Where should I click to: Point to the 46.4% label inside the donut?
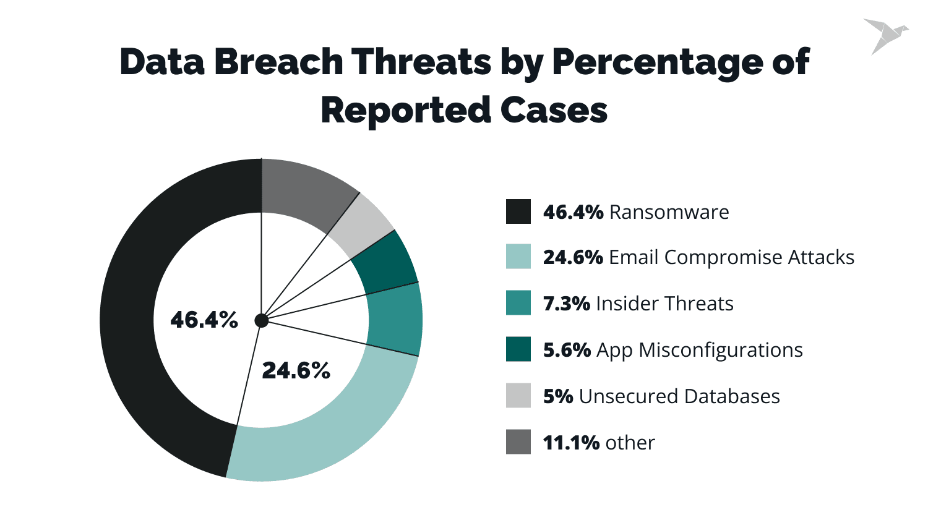204,320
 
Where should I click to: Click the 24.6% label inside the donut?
296,370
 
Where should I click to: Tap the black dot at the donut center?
262,320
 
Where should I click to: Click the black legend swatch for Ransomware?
518,211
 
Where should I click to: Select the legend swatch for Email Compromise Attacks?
518,257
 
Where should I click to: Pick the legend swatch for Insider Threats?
518,303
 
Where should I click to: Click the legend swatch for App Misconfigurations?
518,349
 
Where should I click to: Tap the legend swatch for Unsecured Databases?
518,396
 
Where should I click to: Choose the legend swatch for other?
518,442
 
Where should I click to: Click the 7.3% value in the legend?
566,304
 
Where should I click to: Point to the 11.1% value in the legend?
570,443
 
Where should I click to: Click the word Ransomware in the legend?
669,212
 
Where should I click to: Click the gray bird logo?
885,35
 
